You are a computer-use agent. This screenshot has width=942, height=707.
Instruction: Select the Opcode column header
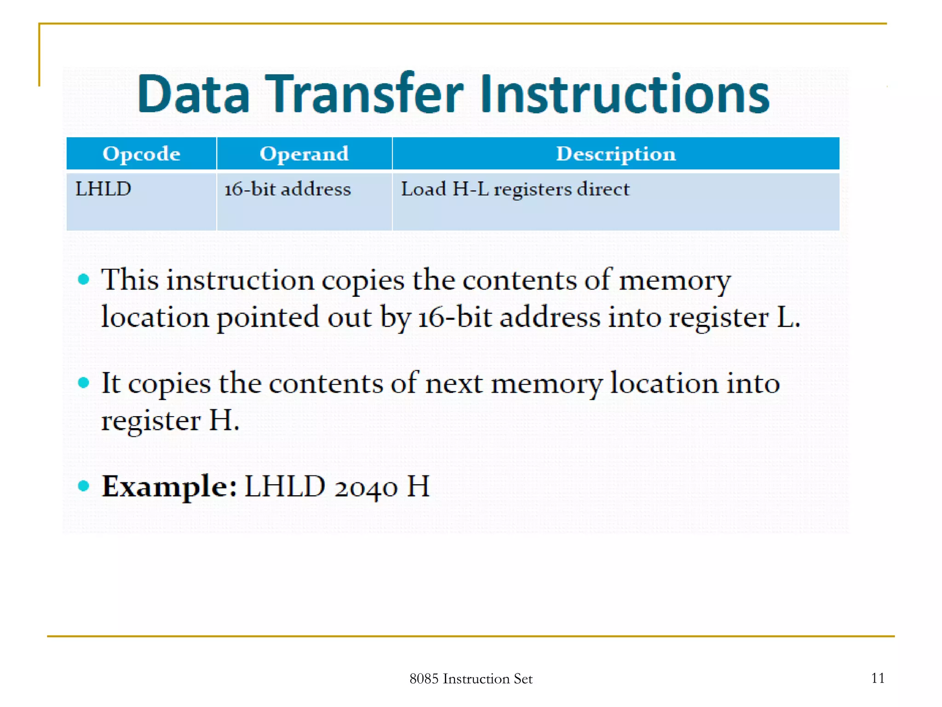(x=141, y=154)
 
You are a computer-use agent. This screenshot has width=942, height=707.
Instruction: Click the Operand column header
(x=304, y=154)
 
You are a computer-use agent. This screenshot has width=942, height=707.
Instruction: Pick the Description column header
(x=615, y=154)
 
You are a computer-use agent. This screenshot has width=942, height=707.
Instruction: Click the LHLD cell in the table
(x=103, y=189)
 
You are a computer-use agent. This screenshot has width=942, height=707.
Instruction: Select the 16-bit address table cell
(x=287, y=189)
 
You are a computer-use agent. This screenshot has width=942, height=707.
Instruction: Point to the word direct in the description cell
(x=603, y=189)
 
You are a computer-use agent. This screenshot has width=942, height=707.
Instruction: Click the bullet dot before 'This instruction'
(x=83, y=279)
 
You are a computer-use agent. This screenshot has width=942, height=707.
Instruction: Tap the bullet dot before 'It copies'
(x=83, y=382)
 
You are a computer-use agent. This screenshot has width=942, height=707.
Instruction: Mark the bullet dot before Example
(x=83, y=486)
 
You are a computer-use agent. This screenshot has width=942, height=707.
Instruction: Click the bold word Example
(x=169, y=487)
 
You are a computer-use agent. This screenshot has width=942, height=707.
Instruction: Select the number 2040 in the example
(x=366, y=487)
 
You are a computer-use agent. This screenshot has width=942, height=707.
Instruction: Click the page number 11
(x=878, y=678)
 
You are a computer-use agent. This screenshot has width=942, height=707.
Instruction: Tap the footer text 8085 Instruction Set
(x=471, y=679)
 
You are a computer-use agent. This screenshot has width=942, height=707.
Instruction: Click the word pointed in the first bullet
(x=268, y=318)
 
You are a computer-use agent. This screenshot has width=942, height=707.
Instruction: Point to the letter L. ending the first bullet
(x=788, y=318)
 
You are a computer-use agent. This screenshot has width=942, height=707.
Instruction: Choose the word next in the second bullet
(x=454, y=383)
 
